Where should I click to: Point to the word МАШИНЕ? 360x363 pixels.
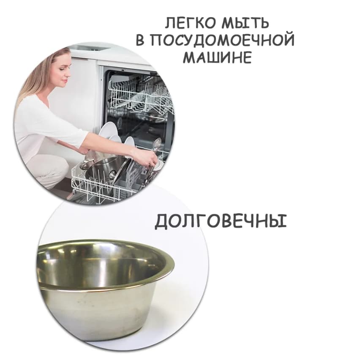(x=217, y=57)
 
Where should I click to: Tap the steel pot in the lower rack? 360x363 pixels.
(x=101, y=169)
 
